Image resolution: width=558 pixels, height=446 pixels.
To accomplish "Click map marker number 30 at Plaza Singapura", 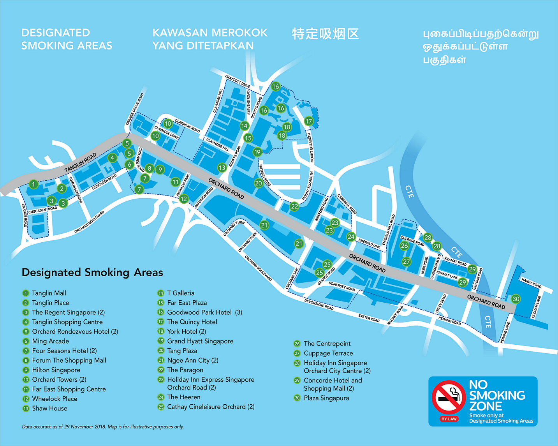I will [516, 299].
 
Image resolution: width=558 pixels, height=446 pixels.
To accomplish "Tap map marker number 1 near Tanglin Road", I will [33, 184].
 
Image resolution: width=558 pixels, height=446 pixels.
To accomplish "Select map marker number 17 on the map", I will [308, 121].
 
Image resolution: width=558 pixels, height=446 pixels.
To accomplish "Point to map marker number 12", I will [184, 199].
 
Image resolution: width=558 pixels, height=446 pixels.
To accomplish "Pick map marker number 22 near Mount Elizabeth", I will [294, 206].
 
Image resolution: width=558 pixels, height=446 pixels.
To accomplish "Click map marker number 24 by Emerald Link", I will [351, 236].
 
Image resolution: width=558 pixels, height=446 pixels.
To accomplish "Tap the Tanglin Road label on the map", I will [80, 162].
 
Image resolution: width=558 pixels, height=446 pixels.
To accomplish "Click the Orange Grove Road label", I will [135, 109].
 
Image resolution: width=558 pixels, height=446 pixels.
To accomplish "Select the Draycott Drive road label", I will [238, 81].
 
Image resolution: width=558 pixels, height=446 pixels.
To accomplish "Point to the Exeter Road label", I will [369, 318].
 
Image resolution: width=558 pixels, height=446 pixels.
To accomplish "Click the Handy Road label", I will [531, 283].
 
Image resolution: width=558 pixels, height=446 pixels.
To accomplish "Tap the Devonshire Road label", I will [319, 304].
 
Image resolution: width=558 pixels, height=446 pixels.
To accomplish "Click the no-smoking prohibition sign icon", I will [449, 397].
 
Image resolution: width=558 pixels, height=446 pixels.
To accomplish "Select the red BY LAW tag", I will [449, 419].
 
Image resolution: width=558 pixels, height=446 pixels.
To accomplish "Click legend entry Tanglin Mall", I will [49, 293].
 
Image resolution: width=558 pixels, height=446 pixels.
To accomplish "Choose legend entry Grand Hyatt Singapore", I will [200, 341].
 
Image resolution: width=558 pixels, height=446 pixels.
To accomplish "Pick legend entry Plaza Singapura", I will [326, 398].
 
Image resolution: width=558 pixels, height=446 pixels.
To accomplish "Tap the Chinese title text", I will [325, 34].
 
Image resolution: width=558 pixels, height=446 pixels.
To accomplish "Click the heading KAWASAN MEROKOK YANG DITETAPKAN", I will [209, 39].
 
